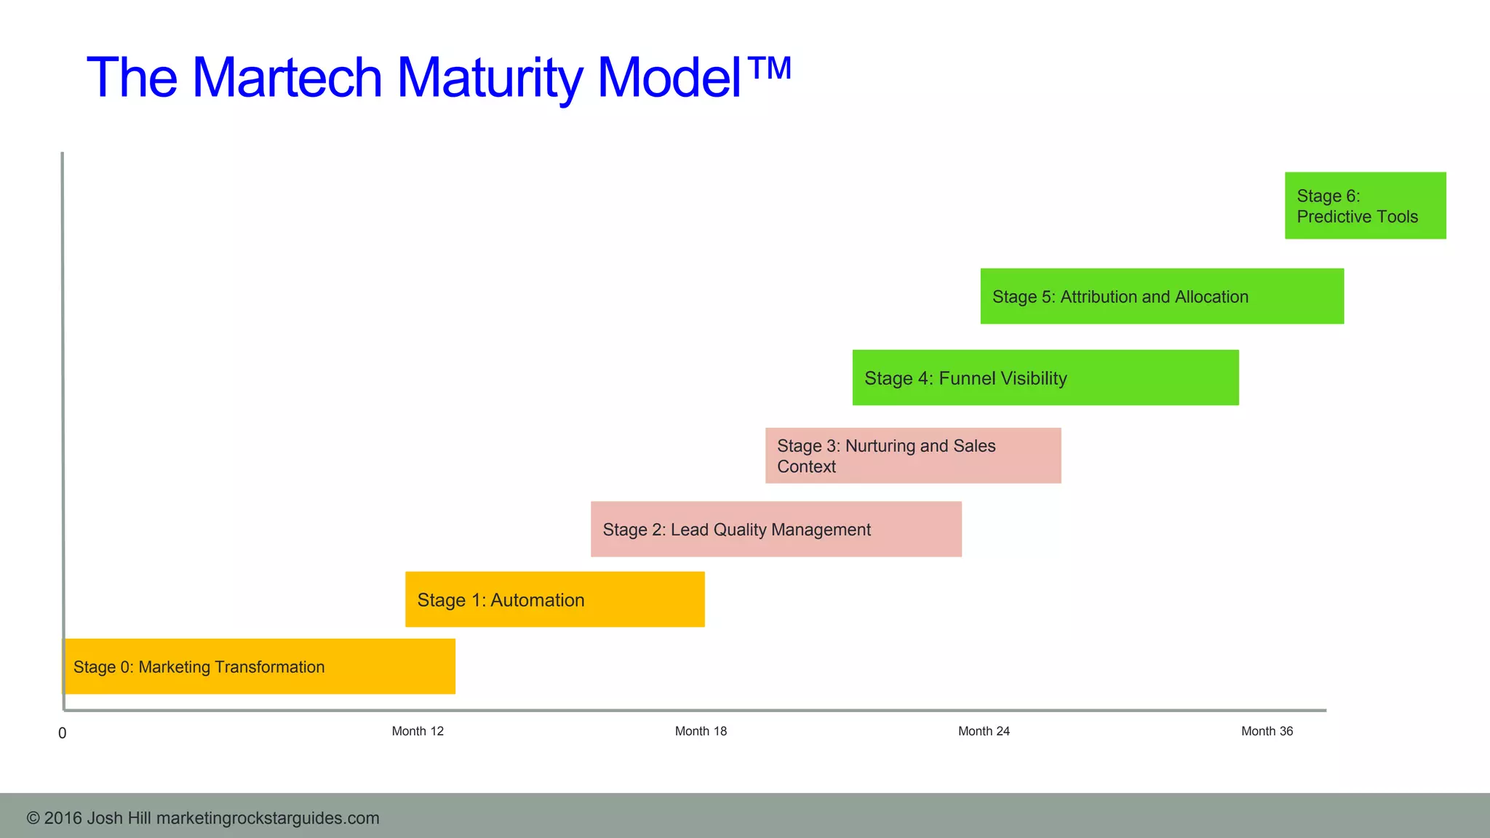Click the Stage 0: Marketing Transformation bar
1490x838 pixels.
(260, 666)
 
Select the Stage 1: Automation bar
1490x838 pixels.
(554, 599)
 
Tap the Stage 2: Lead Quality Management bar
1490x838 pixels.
(776, 530)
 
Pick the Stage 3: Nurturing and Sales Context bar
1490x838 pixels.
(912, 456)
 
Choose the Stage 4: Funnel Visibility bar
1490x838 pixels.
(1045, 378)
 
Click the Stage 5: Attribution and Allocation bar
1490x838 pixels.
(1161, 297)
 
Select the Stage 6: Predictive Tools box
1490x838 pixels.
(1365, 206)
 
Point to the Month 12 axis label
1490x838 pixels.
(418, 731)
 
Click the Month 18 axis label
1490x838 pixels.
(701, 731)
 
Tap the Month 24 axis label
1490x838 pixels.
(984, 731)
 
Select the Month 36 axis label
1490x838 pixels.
(1267, 731)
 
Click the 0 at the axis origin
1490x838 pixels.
(63, 733)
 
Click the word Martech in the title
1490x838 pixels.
(287, 78)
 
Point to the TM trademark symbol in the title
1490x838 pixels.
(769, 68)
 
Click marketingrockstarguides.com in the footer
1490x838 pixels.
(268, 818)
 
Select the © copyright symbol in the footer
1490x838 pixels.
(33, 818)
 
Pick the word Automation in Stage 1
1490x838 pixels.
(537, 600)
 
